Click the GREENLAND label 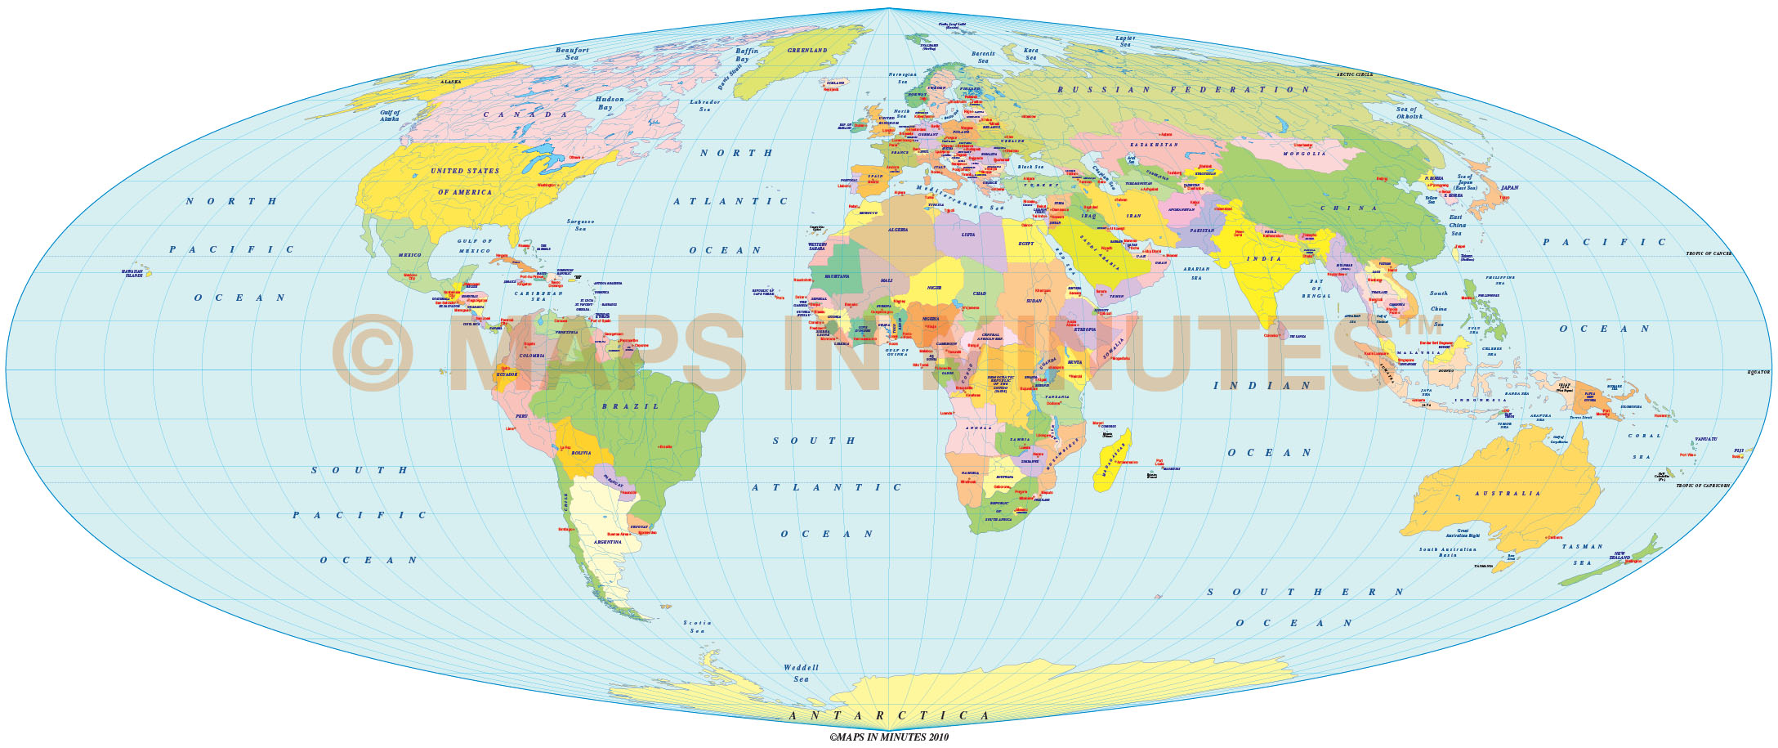(807, 51)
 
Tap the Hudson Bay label (610, 104)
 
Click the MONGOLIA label (1304, 154)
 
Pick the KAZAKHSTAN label (1155, 144)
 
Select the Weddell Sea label (801, 673)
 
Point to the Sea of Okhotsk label (1409, 113)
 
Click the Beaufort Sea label (572, 54)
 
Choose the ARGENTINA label (607, 543)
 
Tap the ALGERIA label (898, 231)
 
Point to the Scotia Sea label (697, 627)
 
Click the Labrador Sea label (705, 105)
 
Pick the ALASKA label (451, 82)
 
